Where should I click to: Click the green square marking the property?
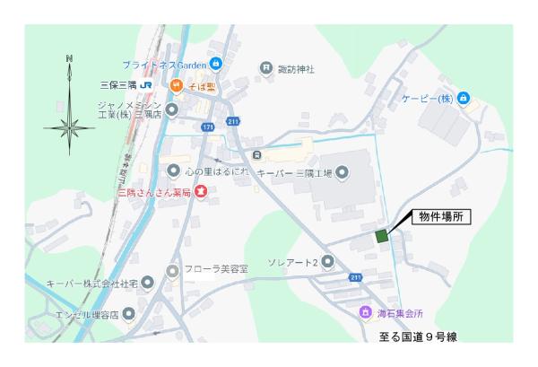click(381, 236)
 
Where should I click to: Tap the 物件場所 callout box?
click(440, 217)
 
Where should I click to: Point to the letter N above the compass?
click(70, 59)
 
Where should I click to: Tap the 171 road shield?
click(207, 128)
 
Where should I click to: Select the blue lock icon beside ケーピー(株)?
click(463, 98)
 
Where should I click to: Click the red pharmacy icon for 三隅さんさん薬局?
click(201, 191)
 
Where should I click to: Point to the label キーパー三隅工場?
click(294, 171)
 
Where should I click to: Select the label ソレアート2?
click(293, 262)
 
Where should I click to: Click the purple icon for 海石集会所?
click(365, 312)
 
